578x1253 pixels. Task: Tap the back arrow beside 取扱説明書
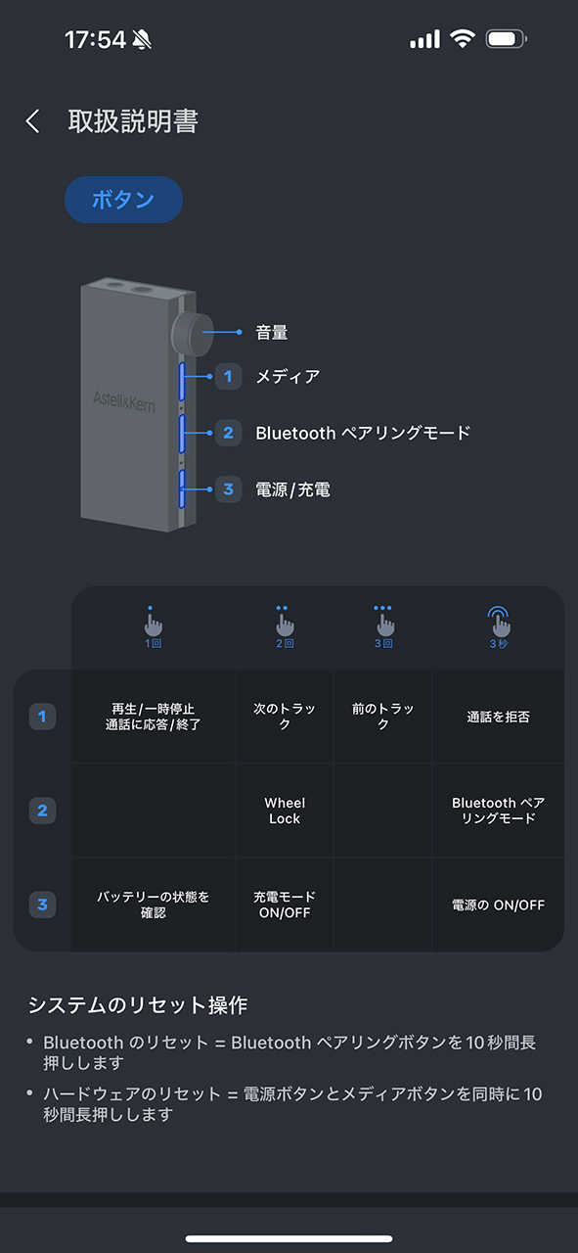(x=32, y=120)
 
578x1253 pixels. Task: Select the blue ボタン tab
(x=123, y=200)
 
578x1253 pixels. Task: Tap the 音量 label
(x=272, y=332)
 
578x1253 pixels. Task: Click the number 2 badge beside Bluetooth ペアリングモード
(x=228, y=433)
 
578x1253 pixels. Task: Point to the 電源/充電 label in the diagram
(x=293, y=489)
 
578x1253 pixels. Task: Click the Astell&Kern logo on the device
(x=123, y=401)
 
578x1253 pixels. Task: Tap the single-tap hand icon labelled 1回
(x=153, y=627)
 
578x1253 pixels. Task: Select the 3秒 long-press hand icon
(x=498, y=627)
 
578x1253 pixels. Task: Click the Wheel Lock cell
(x=285, y=811)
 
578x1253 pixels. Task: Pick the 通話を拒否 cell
(x=498, y=717)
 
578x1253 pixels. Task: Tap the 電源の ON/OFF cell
(x=498, y=905)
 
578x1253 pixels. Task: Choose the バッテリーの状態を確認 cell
(x=153, y=905)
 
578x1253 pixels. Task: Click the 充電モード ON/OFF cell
(x=285, y=905)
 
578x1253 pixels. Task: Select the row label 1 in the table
(x=42, y=717)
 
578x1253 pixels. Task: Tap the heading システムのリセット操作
(x=138, y=1005)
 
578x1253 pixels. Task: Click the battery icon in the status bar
(x=506, y=39)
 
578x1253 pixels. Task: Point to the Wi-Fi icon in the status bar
(x=463, y=38)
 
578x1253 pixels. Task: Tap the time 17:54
(x=95, y=40)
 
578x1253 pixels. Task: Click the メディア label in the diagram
(x=288, y=377)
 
